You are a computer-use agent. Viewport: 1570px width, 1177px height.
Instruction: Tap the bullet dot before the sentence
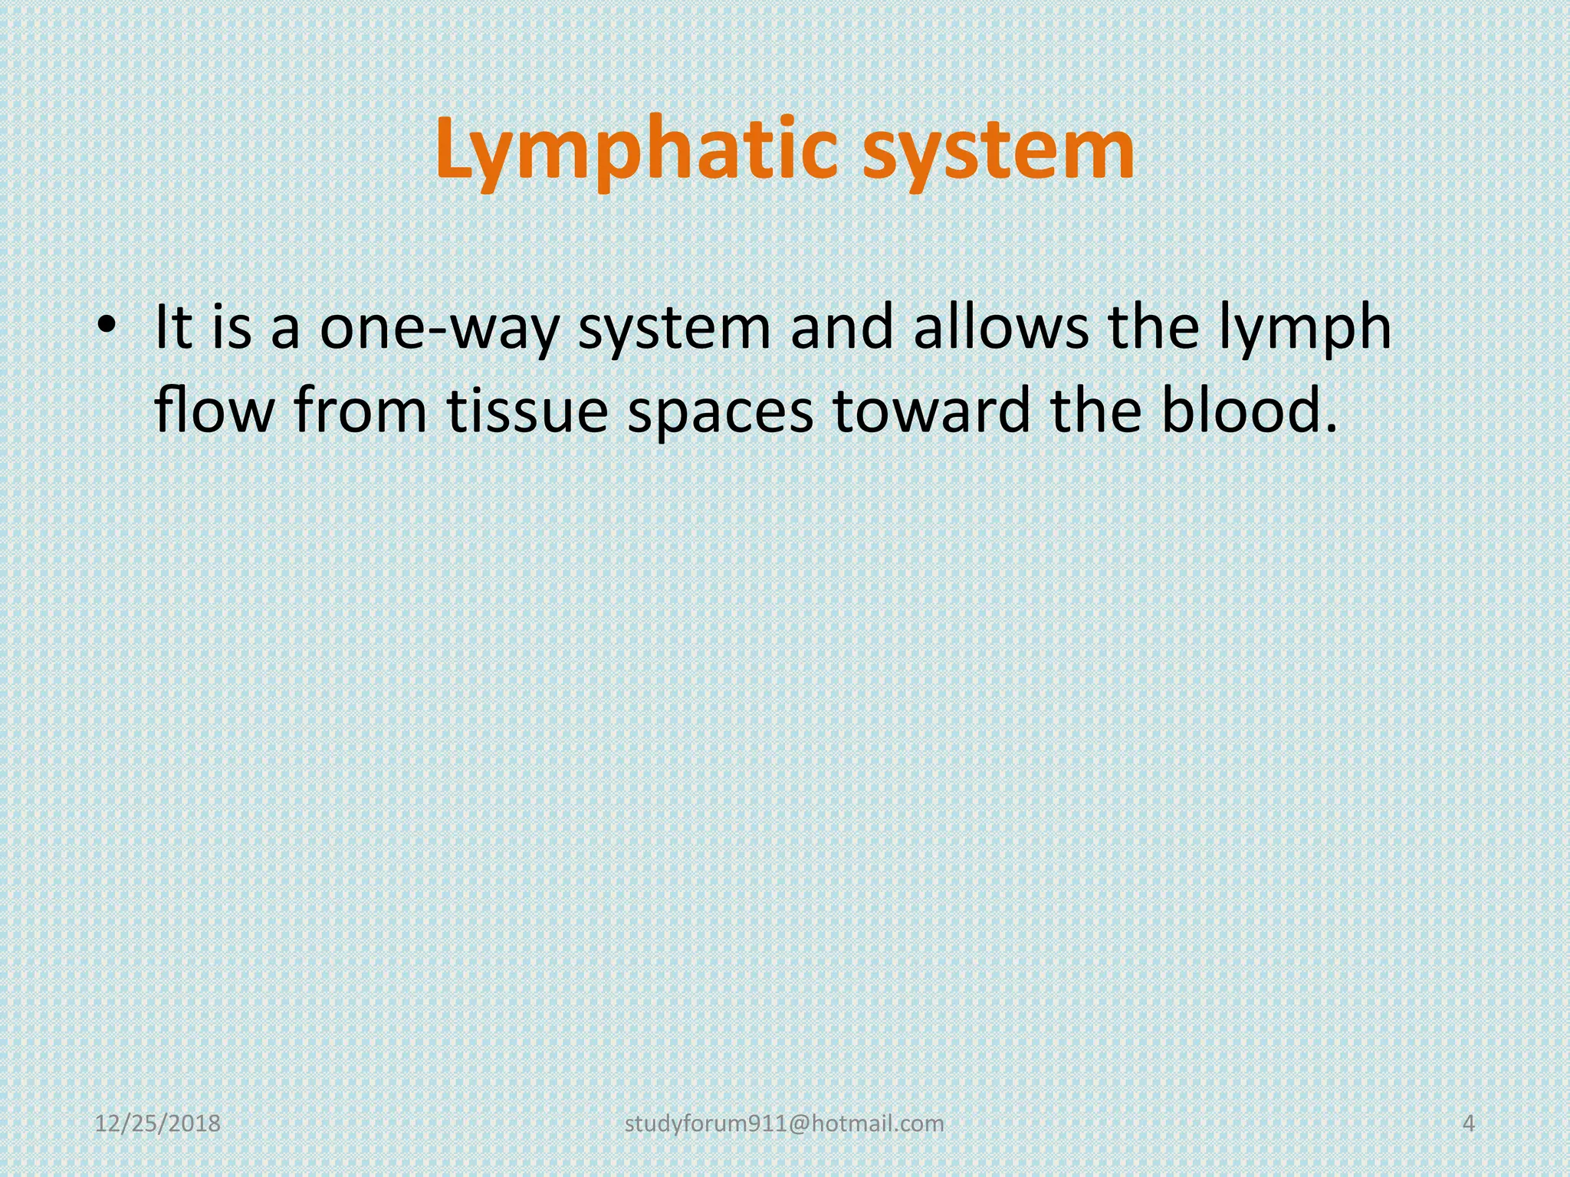click(x=107, y=326)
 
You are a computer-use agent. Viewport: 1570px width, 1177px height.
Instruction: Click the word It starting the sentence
click(x=174, y=327)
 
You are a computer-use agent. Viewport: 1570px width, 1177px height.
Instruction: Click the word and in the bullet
click(x=842, y=327)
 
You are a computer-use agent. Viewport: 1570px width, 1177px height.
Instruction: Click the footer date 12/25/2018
click(x=157, y=1124)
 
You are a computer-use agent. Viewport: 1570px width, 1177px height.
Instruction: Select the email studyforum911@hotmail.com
click(x=784, y=1124)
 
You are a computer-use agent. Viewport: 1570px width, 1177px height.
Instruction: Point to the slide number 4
click(x=1469, y=1124)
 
